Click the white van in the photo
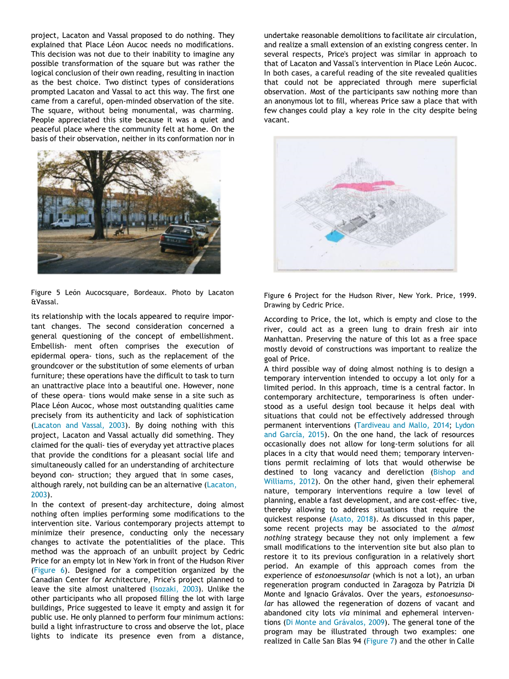point(63,223)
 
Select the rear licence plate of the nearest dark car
point(173,240)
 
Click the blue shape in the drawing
point(333,236)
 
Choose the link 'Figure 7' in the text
point(380,641)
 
